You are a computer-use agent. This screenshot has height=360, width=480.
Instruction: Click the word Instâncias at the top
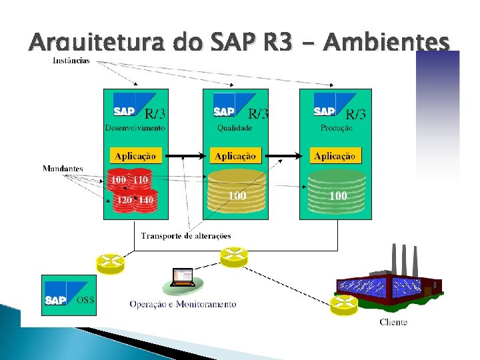point(71,61)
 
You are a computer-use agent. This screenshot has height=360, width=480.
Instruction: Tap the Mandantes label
point(63,168)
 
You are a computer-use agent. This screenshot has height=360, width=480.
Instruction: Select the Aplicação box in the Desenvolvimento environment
point(135,156)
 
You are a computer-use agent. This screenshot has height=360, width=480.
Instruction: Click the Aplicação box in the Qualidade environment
point(235,156)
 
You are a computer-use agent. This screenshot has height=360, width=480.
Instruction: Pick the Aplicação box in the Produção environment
point(335,156)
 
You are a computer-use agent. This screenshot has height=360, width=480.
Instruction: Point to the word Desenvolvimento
point(135,127)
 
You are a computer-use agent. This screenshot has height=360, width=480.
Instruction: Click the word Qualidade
point(234,127)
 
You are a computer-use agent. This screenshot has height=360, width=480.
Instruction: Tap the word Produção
point(335,127)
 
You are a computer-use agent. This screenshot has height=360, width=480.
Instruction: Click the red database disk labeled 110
point(141,180)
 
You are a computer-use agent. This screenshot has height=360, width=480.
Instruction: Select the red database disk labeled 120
point(123,200)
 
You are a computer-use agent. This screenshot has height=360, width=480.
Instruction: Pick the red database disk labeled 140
point(145,200)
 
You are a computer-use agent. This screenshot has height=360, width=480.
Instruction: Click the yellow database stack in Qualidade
point(234,191)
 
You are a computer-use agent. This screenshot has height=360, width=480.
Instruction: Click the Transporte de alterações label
point(186,235)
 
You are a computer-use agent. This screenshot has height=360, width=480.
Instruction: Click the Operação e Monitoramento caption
point(183,304)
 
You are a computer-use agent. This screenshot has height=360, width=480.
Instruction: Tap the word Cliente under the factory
point(393,323)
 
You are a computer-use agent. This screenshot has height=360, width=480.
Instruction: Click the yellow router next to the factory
point(343,305)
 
